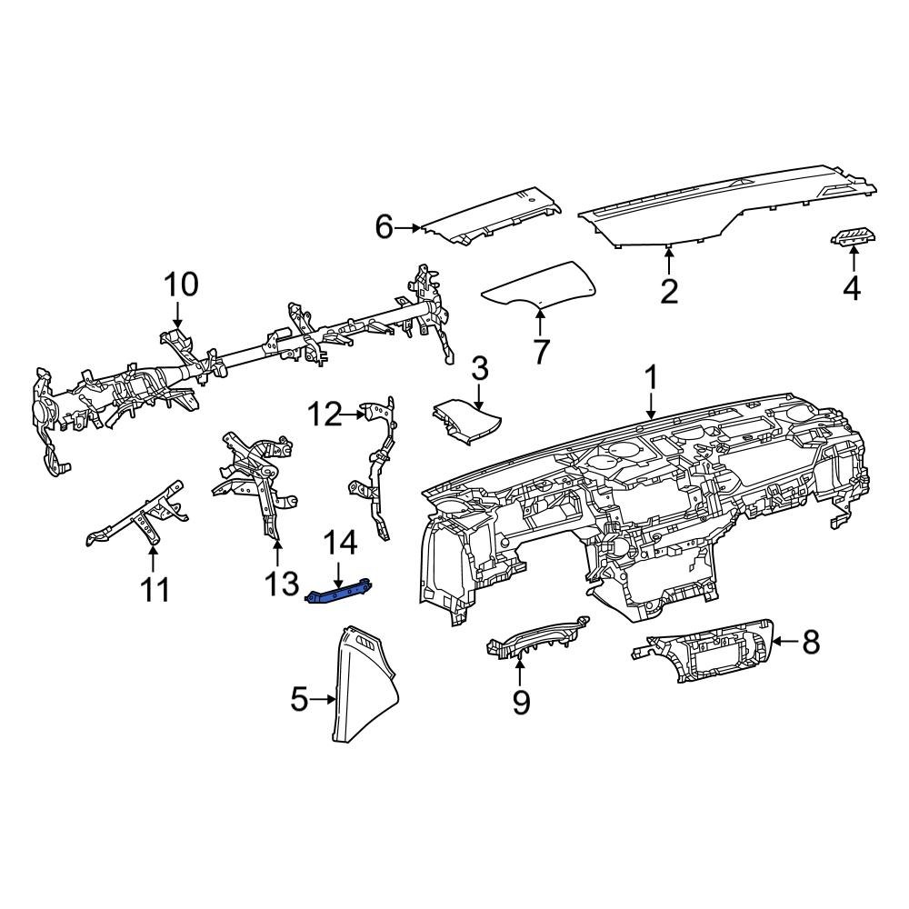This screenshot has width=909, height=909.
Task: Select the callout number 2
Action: tap(669, 292)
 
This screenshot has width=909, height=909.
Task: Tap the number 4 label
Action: tap(851, 288)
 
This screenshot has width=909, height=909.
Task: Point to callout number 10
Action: tap(180, 285)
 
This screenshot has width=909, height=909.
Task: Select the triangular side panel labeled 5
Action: tap(368, 686)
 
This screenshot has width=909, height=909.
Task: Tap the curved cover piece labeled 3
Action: tap(468, 422)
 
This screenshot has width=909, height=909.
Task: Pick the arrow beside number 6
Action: tap(409, 227)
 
